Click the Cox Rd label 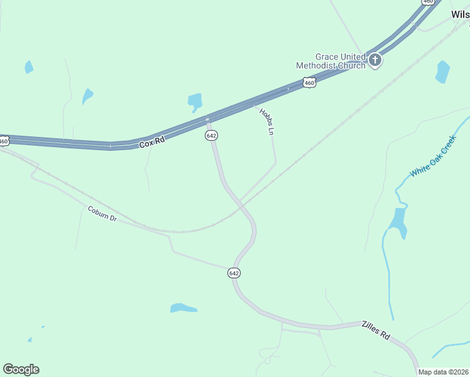click(151, 143)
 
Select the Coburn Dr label click(102, 214)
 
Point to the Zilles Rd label click(375, 331)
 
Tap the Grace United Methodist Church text click(331, 60)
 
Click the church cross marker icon click(375, 60)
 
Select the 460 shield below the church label click(309, 82)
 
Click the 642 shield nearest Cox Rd click(212, 136)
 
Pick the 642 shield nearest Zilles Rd click(234, 273)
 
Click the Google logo click(21, 369)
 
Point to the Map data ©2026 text click(444, 372)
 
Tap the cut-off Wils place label click(460, 14)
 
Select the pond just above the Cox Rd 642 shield click(195, 101)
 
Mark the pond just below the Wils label click(442, 72)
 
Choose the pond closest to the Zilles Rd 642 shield click(183, 308)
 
